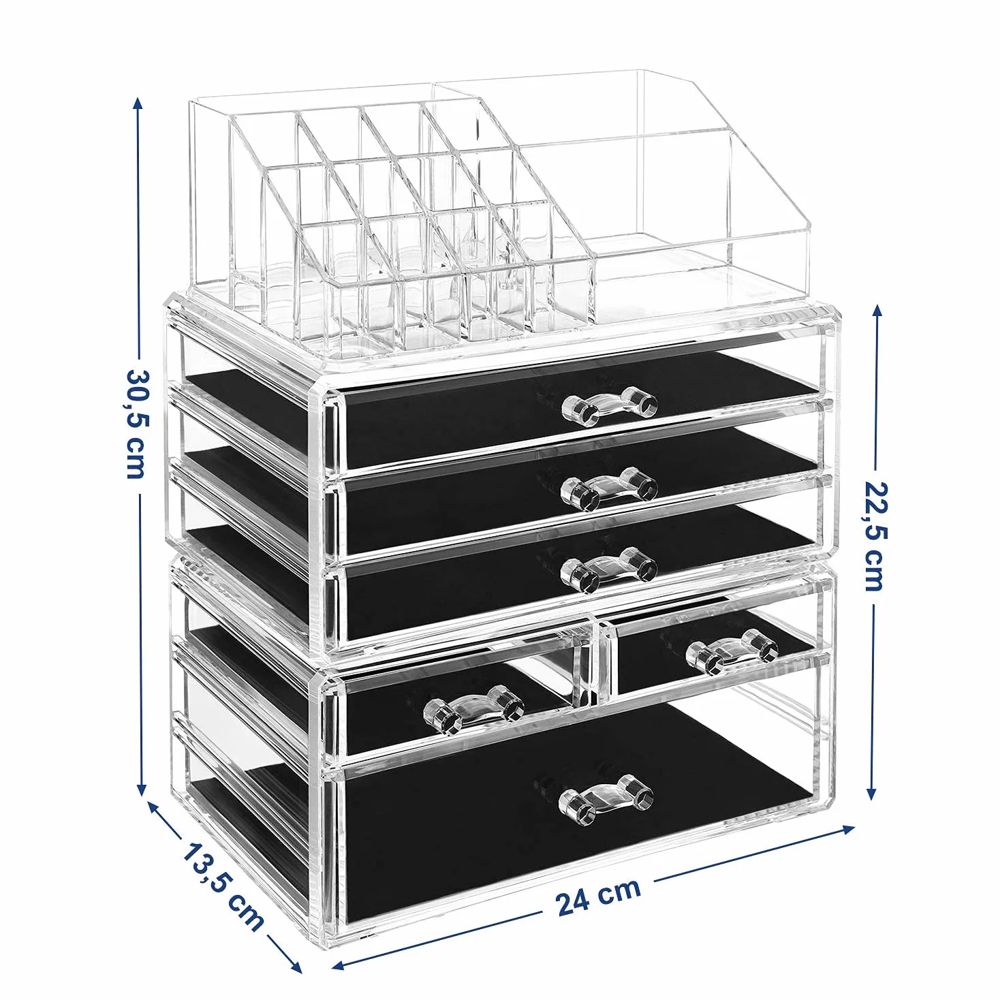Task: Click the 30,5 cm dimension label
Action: click(x=138, y=424)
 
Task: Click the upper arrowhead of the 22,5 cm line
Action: click(x=877, y=312)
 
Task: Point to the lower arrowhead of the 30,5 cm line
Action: click(x=140, y=801)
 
